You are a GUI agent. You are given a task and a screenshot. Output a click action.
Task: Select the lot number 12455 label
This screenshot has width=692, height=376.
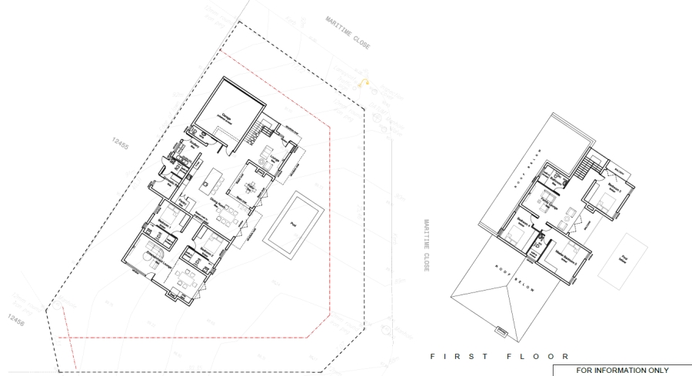coord(120,145)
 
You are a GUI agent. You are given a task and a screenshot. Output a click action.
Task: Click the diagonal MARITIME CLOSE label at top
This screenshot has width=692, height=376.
coord(348,33)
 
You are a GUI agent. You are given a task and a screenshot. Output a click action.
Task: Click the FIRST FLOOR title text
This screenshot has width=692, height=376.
coord(500,356)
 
